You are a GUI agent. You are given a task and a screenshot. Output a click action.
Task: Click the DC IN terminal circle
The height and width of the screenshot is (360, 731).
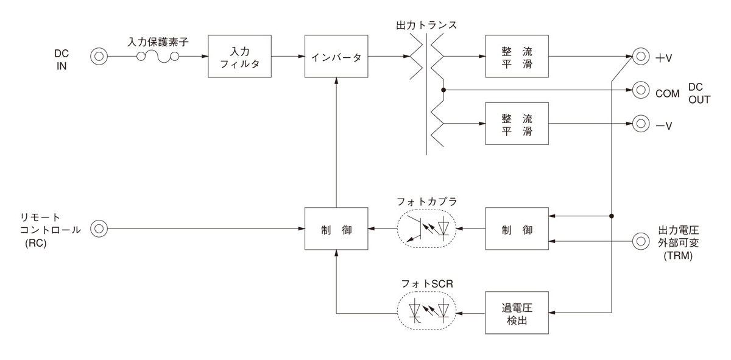click(98, 57)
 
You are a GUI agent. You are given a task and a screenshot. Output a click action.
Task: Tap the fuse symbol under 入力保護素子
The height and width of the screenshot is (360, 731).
click(158, 57)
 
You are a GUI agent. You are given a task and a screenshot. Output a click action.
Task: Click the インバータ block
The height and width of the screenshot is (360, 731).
click(336, 57)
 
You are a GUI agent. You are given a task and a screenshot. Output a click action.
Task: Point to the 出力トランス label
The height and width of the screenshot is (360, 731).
click(426, 26)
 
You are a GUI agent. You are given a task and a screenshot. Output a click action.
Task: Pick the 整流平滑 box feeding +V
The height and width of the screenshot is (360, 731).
click(517, 57)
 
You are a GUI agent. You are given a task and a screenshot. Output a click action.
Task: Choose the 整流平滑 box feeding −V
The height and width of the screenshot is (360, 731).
click(517, 124)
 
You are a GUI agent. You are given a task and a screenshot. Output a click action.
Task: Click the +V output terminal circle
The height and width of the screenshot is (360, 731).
click(640, 57)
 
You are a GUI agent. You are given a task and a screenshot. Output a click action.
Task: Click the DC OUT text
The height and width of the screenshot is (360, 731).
click(699, 93)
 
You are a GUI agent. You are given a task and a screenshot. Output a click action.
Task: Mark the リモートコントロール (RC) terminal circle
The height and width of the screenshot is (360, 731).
click(98, 230)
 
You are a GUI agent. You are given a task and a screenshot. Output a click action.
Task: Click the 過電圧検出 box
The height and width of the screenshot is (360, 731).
click(517, 312)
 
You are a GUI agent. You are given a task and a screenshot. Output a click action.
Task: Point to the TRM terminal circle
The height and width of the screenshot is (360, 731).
click(640, 241)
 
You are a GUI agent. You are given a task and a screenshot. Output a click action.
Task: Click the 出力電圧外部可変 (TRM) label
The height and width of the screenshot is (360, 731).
click(681, 241)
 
